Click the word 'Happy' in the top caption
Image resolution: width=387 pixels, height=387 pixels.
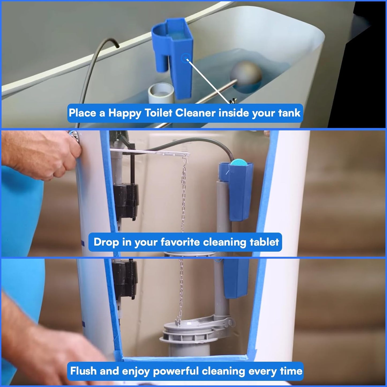[x=125, y=113]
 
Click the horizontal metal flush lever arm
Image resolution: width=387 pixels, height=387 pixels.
[x=150, y=152]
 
